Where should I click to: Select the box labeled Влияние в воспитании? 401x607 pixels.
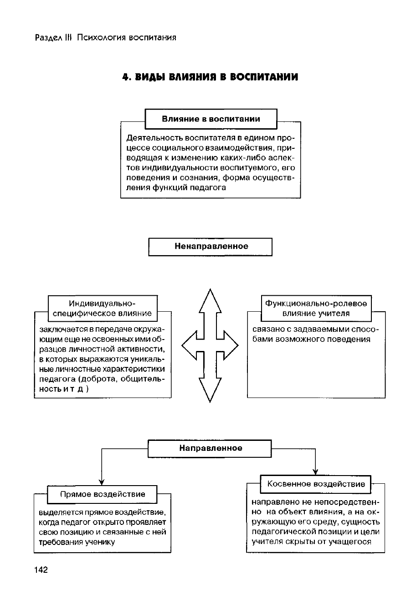click(211, 119)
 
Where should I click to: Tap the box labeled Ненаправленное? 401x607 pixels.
click(211, 246)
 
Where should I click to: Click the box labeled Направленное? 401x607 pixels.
click(210, 448)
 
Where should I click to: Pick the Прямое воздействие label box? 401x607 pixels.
click(103, 494)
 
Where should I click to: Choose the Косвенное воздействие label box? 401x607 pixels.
click(316, 484)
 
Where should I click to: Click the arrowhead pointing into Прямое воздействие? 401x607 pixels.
click(102, 482)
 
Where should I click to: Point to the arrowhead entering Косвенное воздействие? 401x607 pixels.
click(315, 472)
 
